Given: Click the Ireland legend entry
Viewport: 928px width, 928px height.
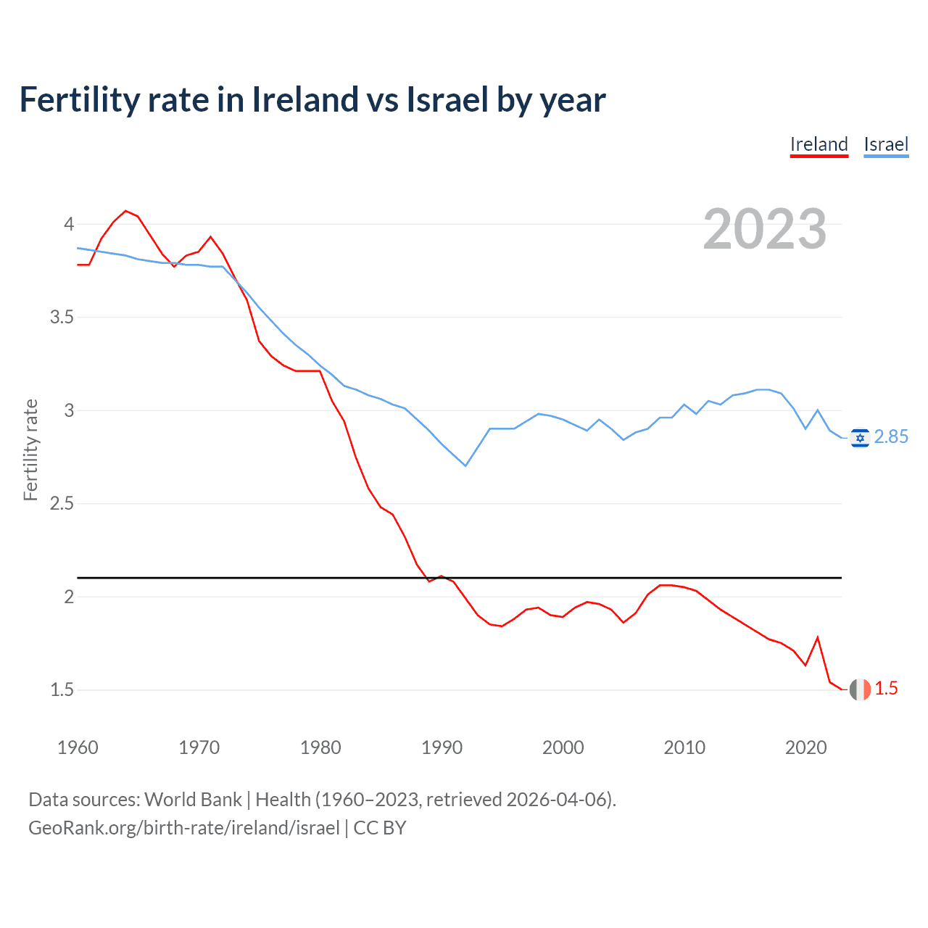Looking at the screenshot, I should point(819,145).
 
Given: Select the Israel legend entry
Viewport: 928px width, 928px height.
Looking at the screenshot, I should point(886,145).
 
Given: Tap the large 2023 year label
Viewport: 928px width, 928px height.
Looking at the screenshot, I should point(765,229).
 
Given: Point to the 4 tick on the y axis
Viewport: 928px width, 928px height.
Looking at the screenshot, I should point(69,224).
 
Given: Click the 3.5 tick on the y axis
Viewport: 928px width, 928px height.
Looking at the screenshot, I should point(62,318).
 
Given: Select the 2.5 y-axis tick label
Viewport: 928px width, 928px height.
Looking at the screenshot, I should point(62,504).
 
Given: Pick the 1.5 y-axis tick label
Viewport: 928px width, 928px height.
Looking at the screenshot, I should point(62,690).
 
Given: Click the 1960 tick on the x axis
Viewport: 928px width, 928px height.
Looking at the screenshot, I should point(78,747).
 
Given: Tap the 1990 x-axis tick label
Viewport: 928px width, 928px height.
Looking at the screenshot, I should point(442,747).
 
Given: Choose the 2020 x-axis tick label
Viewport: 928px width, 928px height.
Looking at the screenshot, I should point(805,747).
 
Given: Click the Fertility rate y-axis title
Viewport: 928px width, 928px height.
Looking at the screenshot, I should point(30,449).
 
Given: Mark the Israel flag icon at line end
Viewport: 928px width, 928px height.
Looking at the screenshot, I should point(860,438).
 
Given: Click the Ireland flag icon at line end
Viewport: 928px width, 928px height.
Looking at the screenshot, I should point(860,689).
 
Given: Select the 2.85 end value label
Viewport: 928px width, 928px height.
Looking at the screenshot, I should point(891,436).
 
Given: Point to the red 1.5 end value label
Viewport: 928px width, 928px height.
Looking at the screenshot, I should point(886,689).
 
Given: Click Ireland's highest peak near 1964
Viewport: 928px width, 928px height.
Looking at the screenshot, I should point(126,211).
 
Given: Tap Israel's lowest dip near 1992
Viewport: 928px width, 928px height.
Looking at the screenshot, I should point(465,465).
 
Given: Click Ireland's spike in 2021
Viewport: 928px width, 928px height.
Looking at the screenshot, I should point(818,637).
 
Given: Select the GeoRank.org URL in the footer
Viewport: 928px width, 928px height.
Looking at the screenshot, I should point(184,828).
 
